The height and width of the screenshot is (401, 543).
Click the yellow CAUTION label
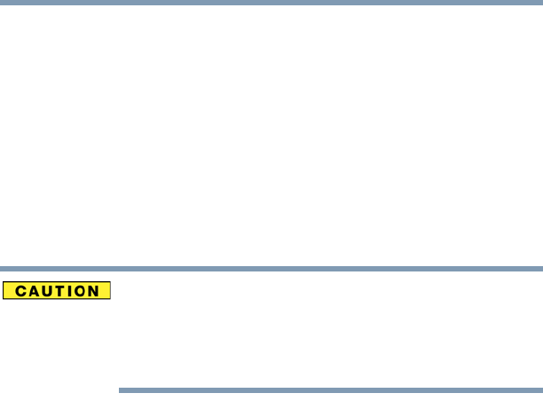(x=57, y=291)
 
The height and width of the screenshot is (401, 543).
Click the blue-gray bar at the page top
(x=271, y=2)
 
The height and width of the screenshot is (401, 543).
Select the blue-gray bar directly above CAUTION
(x=271, y=268)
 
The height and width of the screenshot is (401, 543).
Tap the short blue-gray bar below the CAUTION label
(x=330, y=389)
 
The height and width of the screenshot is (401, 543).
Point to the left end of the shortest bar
(x=120, y=389)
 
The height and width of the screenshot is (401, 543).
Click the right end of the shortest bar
(x=540, y=389)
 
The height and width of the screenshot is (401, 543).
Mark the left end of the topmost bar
(x=2, y=2)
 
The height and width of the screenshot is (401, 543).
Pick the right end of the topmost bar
(x=540, y=2)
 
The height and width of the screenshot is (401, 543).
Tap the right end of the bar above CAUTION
(x=540, y=268)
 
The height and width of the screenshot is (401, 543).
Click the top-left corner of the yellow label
(x=4, y=283)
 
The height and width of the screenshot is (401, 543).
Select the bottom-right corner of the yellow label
(x=109, y=299)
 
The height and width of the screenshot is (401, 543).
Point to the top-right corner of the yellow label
(x=109, y=283)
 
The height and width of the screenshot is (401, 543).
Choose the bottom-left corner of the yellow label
(x=4, y=299)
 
